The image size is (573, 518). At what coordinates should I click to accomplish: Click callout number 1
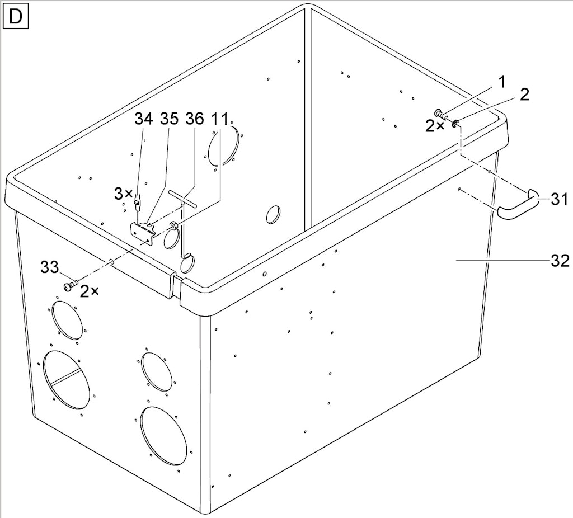pyautogui.click(x=501, y=82)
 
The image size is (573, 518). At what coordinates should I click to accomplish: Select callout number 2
pyautogui.click(x=524, y=95)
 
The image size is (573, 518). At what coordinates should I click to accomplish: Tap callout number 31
pyautogui.click(x=560, y=200)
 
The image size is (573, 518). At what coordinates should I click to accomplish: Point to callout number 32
pyautogui.click(x=560, y=261)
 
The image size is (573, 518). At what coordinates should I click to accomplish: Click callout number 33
pyautogui.click(x=49, y=267)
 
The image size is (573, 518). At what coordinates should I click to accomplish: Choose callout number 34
pyautogui.click(x=144, y=119)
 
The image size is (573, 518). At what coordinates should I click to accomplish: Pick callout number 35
pyautogui.click(x=169, y=119)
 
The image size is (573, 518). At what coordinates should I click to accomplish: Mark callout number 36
pyautogui.click(x=194, y=119)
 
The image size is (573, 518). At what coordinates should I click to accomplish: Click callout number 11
pyautogui.click(x=219, y=119)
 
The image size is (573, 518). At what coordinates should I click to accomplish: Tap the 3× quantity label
pyautogui.click(x=123, y=194)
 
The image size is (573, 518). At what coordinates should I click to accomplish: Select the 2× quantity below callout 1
pyautogui.click(x=435, y=126)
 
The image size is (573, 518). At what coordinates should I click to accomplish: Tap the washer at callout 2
pyautogui.click(x=455, y=124)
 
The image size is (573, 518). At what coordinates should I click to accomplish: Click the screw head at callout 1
pyautogui.click(x=438, y=112)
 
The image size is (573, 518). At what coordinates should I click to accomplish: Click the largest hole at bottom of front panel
pyautogui.click(x=163, y=436)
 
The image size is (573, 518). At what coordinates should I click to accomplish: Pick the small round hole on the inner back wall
pyautogui.click(x=273, y=214)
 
